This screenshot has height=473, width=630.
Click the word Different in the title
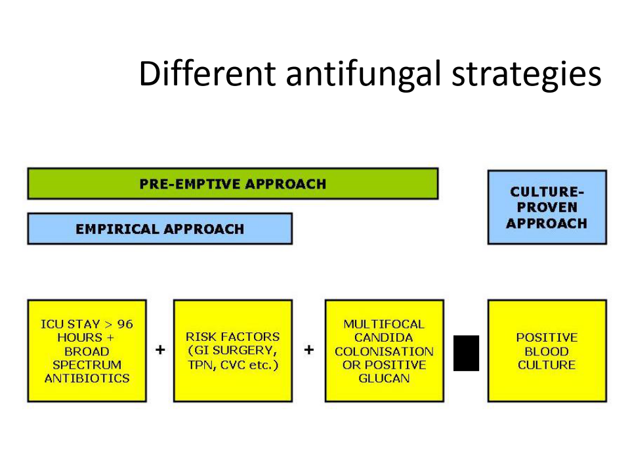coord(207,73)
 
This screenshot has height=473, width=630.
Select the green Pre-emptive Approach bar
coord(232,184)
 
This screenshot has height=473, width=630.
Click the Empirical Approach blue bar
coord(160,229)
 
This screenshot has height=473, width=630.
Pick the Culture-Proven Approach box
coord(547,207)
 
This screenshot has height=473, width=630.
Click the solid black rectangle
coord(466,353)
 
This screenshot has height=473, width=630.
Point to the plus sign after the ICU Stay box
coord(160,349)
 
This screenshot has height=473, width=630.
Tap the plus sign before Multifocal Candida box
coord(308,349)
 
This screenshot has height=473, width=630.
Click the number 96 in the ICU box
coord(125,324)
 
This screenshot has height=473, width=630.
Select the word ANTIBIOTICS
coord(87,378)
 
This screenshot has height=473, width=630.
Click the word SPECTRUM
coord(87,365)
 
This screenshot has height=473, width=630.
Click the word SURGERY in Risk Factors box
coord(244,351)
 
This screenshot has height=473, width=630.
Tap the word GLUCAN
coord(384,378)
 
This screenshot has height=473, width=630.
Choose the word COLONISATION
coord(384,351)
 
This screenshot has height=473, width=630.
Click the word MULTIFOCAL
coord(384,324)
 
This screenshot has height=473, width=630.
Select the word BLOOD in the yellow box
coord(547,351)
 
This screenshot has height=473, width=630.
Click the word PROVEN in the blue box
coord(547,207)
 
